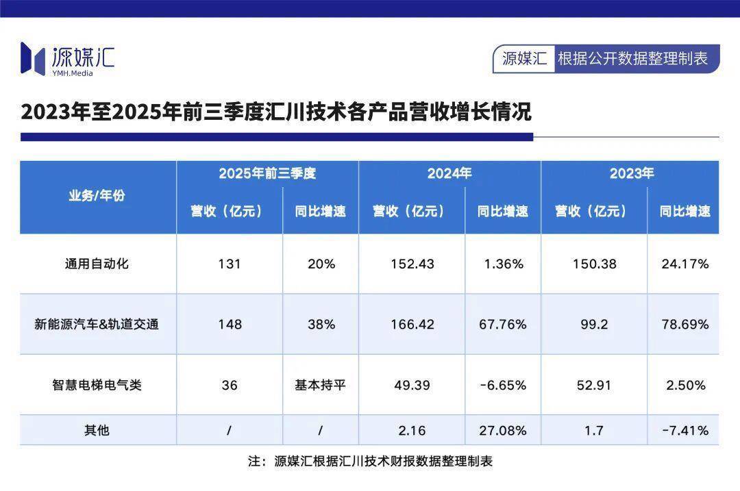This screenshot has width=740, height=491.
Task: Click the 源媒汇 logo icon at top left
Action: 32,58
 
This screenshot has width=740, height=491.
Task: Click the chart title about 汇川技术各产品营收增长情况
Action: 276,112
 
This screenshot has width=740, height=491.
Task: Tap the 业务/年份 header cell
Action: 97,196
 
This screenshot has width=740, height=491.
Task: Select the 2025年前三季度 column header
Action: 267,173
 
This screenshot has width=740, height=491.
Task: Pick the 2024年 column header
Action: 449,173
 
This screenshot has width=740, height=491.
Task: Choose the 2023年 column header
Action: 632,173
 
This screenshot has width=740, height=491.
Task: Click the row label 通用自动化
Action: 97,264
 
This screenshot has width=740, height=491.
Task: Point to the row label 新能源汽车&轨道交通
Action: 97,324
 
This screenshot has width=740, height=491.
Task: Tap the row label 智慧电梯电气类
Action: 97,385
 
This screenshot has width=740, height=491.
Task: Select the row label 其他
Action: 97,430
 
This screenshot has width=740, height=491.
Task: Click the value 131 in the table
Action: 230,264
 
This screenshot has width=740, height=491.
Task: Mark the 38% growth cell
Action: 321,324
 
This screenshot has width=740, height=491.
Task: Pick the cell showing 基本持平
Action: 321,385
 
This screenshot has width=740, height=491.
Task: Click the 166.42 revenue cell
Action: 412,324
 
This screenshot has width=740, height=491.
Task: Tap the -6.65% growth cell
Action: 503,385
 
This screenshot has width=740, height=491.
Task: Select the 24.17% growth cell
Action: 685,264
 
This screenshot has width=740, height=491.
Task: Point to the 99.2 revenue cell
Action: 593,324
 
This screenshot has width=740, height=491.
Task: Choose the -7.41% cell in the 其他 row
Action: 685,430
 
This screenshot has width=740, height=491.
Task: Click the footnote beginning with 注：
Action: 370,461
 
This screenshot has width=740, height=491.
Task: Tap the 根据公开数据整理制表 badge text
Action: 632,58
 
